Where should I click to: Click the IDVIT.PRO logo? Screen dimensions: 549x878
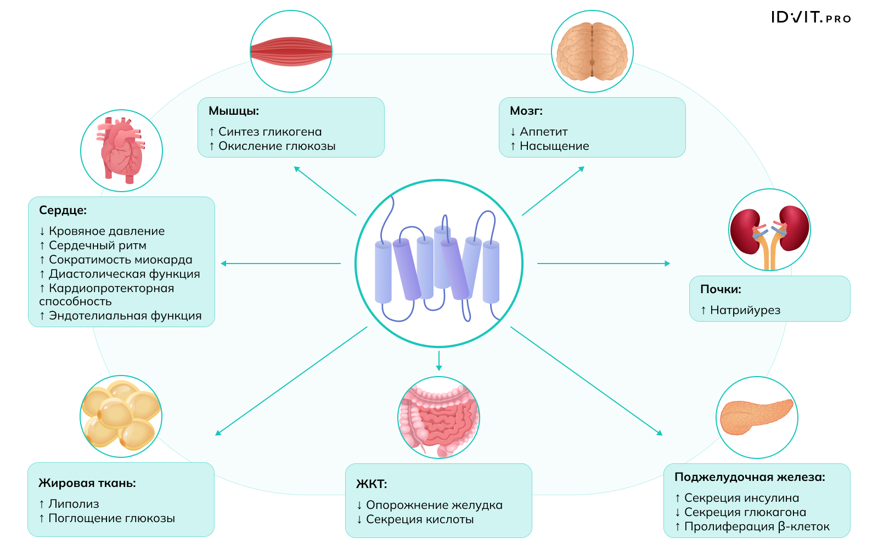(811, 18)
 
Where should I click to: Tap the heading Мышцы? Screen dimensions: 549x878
(234, 111)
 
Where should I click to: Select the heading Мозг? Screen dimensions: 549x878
(526, 111)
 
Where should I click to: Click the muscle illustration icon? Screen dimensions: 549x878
(291, 52)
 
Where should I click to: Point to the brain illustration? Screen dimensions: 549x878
(592, 52)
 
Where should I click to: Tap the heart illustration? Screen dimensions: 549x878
(121, 150)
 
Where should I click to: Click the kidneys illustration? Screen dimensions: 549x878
(769, 230)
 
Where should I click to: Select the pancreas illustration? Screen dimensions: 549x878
(757, 417)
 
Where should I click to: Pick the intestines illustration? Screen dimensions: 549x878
(438, 417)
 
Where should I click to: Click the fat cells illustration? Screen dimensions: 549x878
(121, 416)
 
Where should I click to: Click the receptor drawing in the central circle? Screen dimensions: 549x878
(438, 264)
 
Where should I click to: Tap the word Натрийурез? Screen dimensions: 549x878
(745, 310)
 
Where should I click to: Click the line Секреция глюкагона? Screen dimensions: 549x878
(745, 512)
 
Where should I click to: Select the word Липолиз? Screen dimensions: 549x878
(74, 504)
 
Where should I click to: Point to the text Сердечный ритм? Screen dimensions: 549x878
(97, 245)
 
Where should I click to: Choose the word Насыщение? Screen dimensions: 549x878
(554, 146)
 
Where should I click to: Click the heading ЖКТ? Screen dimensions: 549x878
(372, 484)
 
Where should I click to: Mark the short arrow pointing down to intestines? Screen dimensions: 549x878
(439, 361)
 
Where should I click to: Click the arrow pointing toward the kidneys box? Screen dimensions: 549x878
(604, 264)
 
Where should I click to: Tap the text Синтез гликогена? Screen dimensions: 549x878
(270, 132)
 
